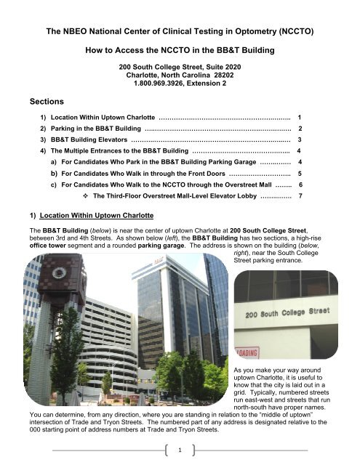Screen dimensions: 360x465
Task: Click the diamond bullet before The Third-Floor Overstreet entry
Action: click(85, 196)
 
